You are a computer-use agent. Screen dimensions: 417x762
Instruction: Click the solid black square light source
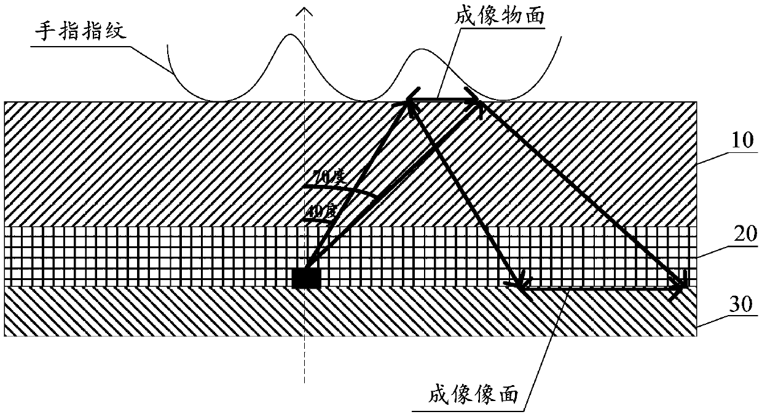pos(306,278)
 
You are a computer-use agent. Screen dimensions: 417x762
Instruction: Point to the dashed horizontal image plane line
pos(599,287)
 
